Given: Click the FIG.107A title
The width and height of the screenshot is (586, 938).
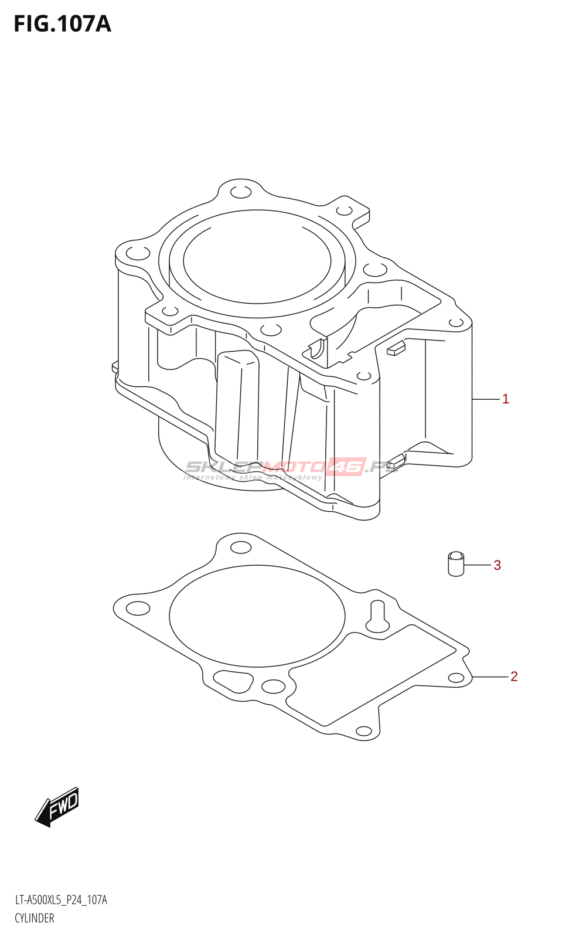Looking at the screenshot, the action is [x=62, y=24].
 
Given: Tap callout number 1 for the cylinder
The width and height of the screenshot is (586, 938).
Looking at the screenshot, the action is [x=506, y=399].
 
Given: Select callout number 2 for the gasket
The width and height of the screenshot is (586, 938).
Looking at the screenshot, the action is [x=514, y=677].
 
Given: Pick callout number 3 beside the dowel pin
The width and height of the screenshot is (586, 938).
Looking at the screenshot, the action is [x=497, y=565].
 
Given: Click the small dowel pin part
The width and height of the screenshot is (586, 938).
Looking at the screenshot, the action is [x=456, y=563].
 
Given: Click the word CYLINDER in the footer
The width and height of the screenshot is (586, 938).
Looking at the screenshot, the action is [x=35, y=918].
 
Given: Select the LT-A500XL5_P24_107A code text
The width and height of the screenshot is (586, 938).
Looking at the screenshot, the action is [x=61, y=900].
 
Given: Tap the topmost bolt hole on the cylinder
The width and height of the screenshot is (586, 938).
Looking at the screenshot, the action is [x=240, y=192].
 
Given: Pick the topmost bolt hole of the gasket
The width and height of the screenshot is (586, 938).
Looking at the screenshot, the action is [x=240, y=548].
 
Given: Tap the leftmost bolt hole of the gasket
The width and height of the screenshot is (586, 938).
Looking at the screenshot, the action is [x=138, y=608].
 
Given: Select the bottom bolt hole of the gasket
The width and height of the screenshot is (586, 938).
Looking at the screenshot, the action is [x=364, y=731].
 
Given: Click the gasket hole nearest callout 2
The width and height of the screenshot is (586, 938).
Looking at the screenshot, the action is [x=456, y=678].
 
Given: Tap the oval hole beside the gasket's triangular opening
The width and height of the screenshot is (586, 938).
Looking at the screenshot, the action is [x=272, y=686].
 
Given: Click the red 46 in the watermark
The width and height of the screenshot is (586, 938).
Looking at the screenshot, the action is [x=347, y=467].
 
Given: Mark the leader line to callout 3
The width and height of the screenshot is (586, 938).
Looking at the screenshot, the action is [x=478, y=565].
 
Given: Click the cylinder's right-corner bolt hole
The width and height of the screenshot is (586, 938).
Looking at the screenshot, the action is [x=455, y=322].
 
